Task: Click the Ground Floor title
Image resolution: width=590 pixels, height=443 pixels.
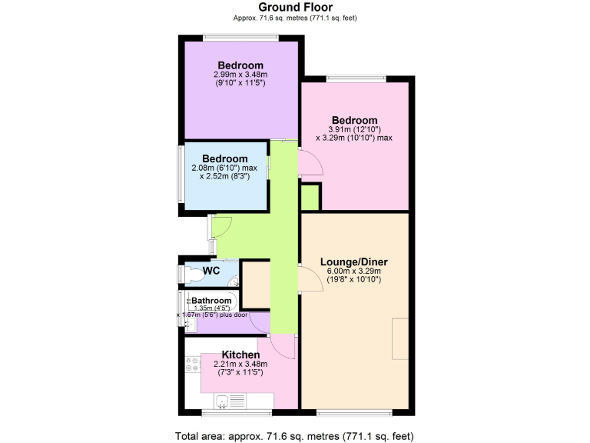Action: (295, 7)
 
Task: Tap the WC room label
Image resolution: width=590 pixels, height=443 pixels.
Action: (211, 271)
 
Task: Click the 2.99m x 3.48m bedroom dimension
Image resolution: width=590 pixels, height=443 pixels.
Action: (240, 75)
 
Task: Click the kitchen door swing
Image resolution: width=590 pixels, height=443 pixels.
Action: (283, 348)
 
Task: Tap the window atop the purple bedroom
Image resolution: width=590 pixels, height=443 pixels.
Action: (240, 37)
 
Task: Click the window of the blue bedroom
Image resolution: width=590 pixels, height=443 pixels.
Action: (181, 174)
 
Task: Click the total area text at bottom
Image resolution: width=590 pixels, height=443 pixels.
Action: (295, 435)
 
